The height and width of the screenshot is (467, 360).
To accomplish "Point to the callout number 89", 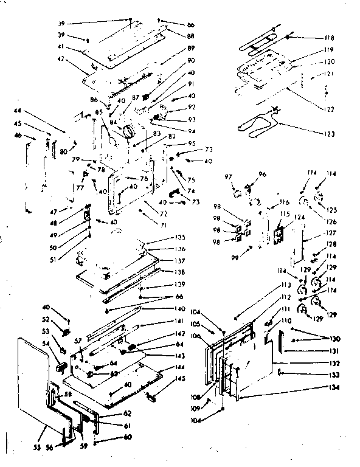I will (x=190, y=48).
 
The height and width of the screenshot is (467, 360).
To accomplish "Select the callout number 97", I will (x=229, y=176).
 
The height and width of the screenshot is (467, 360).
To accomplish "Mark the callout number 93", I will (x=190, y=119).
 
